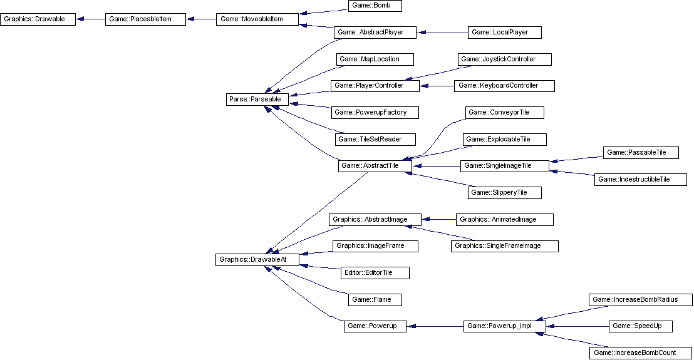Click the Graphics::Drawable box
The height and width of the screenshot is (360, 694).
point(38,19)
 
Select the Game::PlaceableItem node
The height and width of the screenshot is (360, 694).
point(145,19)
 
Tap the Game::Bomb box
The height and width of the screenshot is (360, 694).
point(374,6)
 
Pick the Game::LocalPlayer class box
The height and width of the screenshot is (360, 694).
point(504,32)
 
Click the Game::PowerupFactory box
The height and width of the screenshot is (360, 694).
point(375,112)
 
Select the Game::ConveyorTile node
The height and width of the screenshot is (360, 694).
point(505,112)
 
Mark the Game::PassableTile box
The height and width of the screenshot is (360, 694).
point(641,152)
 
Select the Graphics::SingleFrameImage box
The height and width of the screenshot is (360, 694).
point(504,246)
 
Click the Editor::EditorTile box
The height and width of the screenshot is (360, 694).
point(375,272)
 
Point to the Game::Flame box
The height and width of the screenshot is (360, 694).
point(375,299)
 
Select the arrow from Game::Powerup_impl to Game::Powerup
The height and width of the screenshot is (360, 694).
point(435,326)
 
